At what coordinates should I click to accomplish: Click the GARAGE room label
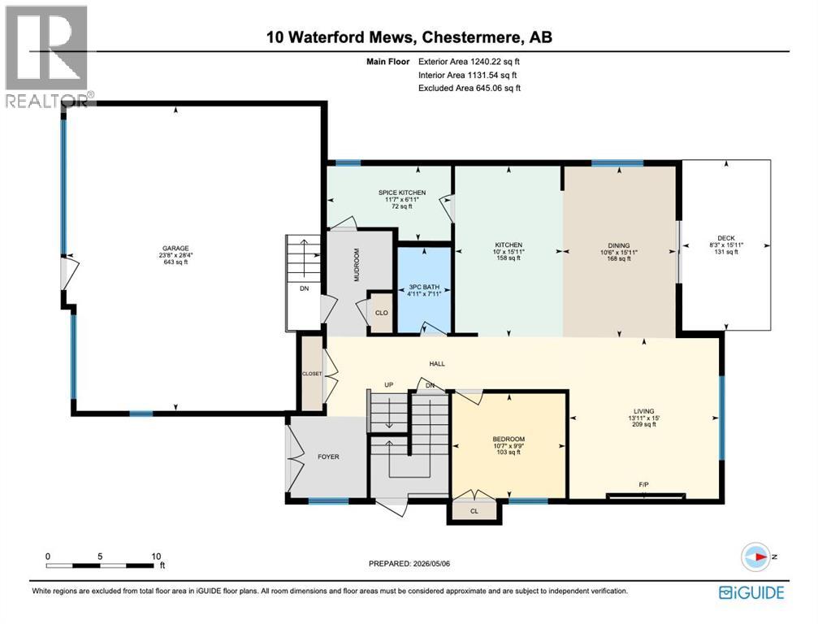(175, 249)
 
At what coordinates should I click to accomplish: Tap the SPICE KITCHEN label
(402, 193)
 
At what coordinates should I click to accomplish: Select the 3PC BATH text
(424, 287)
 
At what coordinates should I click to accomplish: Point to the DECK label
(726, 238)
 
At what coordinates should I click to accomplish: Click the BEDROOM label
(509, 440)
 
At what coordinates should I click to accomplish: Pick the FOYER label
(329, 457)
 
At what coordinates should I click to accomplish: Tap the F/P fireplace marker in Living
(643, 485)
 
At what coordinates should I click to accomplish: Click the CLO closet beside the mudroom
(381, 313)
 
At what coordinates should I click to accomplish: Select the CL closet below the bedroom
(474, 511)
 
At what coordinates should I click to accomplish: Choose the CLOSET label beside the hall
(312, 374)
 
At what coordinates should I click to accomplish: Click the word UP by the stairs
(388, 385)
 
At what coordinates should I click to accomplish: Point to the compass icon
(755, 557)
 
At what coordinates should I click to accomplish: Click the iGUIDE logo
(751, 592)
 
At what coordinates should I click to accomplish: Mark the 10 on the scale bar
(156, 557)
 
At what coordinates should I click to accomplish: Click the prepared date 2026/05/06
(431, 564)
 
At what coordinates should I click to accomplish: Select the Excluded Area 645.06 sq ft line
(470, 89)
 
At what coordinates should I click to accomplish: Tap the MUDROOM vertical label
(357, 265)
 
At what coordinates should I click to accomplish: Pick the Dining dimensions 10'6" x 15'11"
(619, 252)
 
